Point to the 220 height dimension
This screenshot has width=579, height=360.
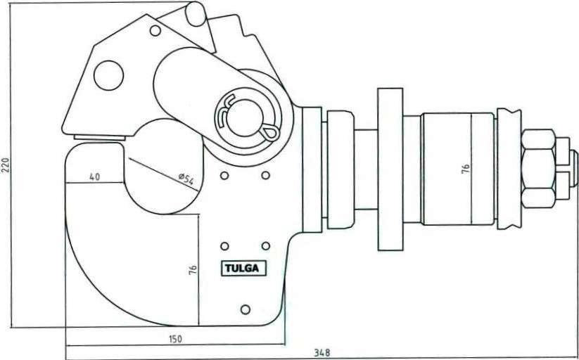coord(5,164)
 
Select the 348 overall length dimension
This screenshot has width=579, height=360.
coord(322,352)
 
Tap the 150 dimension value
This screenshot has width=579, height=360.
coord(175,339)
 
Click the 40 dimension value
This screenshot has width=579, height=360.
coord(94,177)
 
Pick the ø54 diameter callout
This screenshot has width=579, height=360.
coord(186,179)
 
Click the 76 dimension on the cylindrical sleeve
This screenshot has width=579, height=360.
coord(466,169)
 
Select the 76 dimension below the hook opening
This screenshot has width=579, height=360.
coord(193,270)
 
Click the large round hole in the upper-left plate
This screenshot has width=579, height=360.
coord(108,75)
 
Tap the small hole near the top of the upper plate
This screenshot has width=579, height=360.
coord(155,30)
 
